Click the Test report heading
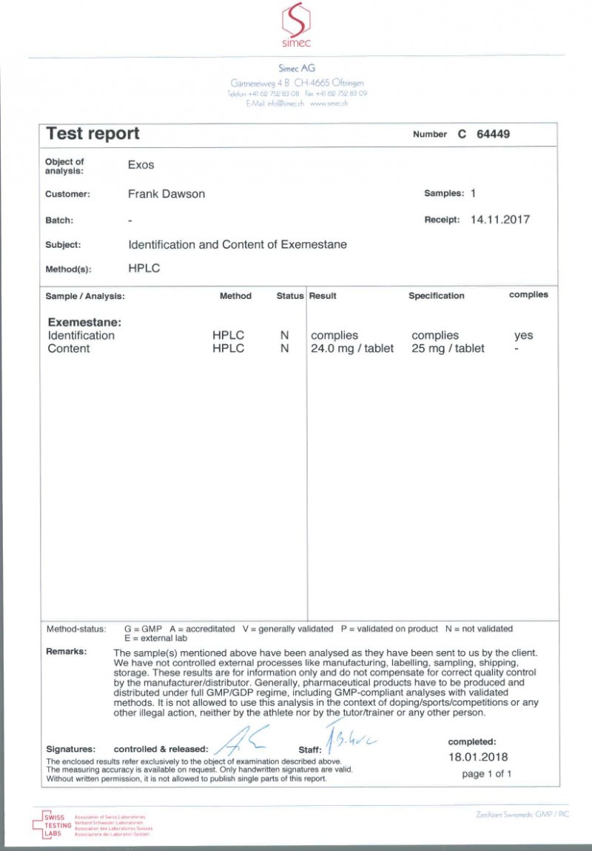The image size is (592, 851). point(92,134)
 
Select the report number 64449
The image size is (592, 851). point(494,135)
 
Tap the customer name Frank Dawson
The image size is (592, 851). point(166,194)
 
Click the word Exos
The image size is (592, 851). point(141,165)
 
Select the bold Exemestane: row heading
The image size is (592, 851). point(84,323)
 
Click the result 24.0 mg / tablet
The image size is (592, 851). point(352,349)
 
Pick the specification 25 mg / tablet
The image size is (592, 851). point(448,349)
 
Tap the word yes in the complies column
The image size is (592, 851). point(523,335)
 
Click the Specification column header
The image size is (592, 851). point(437,296)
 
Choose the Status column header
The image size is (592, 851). point(290,296)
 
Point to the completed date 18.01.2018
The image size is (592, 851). point(479,757)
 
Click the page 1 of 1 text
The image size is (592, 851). point(486,774)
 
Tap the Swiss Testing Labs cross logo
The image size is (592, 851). point(43,822)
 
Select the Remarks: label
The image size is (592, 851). point(66,652)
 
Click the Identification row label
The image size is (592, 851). point(81,335)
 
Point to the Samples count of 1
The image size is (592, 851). point(472,193)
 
